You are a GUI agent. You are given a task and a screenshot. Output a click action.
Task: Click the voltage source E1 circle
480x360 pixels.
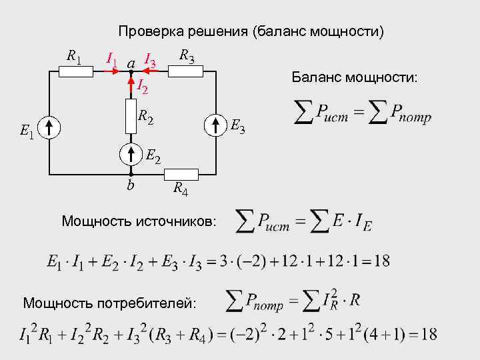coord(49,126)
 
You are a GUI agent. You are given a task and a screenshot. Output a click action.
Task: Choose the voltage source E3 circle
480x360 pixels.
coord(216,125)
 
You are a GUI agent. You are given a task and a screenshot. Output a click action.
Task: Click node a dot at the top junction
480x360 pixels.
coord(131,72)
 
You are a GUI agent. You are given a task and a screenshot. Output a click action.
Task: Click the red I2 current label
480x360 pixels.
coord(141,85)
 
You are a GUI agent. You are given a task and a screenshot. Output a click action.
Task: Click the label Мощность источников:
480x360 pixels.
coord(139,221)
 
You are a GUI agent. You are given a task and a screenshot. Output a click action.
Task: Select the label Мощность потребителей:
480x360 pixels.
coord(110,303)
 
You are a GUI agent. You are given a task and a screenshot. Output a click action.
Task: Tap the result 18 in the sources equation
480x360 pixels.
coord(382,261)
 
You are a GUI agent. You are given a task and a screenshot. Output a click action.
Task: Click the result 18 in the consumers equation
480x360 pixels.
coord(429,334)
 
